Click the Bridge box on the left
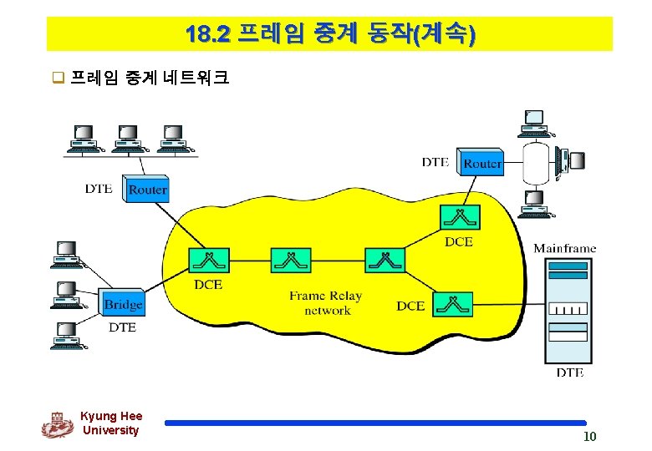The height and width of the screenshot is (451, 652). click(123, 303)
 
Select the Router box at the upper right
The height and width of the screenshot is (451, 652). click(482, 163)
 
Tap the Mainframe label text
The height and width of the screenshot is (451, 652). click(565, 247)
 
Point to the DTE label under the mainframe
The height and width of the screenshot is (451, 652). click(570, 372)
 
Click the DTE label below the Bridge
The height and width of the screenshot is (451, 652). click(122, 327)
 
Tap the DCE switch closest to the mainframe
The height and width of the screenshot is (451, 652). click(452, 305)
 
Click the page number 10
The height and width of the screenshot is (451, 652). click(589, 438)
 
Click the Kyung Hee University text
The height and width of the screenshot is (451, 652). click(111, 423)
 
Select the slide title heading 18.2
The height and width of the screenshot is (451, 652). click(329, 34)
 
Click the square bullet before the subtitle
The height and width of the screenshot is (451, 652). click(59, 79)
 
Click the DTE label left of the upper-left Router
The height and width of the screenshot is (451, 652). click(99, 189)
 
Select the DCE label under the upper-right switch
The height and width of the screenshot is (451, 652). click(458, 241)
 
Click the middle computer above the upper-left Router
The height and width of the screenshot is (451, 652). click(128, 139)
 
